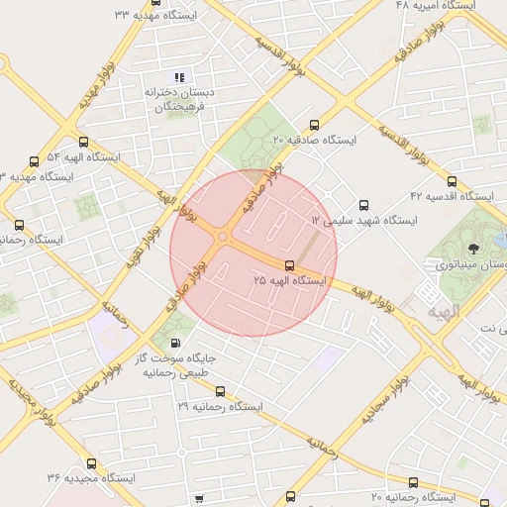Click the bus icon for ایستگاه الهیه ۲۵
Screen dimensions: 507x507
[289, 265]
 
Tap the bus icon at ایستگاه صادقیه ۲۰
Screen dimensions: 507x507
[315, 125]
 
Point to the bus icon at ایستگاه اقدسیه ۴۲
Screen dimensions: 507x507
[452, 182]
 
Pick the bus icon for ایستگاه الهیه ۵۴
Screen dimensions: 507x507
[82, 142]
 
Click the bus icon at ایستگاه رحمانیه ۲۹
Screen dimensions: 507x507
[220, 391]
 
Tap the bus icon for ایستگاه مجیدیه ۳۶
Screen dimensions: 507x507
[92, 462]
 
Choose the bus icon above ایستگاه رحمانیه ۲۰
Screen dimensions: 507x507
[290, 496]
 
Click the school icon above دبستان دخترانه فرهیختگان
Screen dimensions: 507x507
[179, 76]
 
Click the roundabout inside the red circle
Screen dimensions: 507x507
[223, 237]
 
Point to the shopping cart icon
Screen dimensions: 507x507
[199, 498]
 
